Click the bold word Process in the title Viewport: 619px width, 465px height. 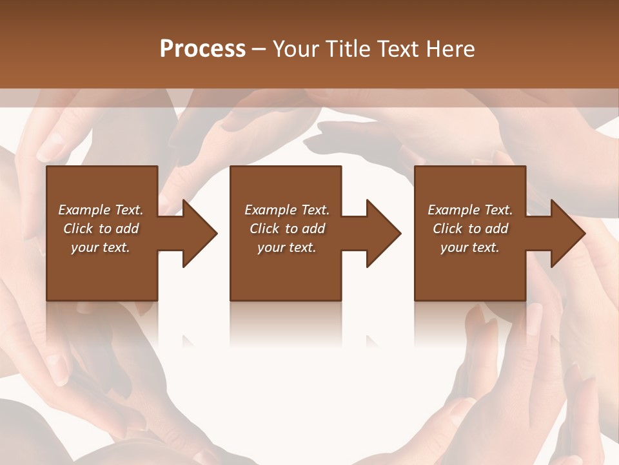click(x=202, y=48)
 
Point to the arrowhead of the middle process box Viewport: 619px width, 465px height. click(x=382, y=233)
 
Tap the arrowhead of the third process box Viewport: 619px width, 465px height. click(x=567, y=233)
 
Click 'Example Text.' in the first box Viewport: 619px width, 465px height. click(x=101, y=210)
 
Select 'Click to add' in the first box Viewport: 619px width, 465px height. click(x=101, y=229)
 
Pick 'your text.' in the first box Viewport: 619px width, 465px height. click(x=101, y=247)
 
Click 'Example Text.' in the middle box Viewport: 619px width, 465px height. click(x=287, y=210)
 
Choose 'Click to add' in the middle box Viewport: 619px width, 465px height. click(x=287, y=229)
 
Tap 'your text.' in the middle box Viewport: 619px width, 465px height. click(x=287, y=247)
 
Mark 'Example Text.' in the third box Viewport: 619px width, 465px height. click(x=470, y=210)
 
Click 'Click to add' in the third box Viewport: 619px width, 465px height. click(x=470, y=229)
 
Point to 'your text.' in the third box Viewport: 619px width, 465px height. click(x=470, y=247)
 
